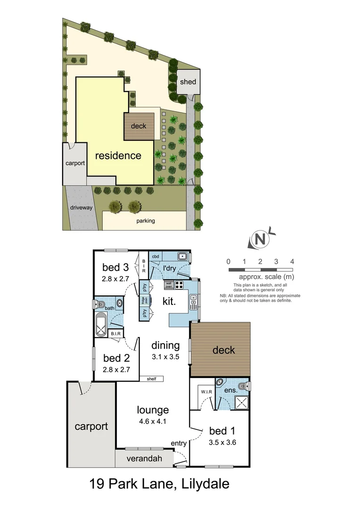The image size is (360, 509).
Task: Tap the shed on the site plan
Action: (188, 82)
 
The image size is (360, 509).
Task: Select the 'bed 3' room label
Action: (116, 268)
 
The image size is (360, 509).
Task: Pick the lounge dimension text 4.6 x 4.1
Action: (153, 422)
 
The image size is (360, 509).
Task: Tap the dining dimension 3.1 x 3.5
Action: (166, 357)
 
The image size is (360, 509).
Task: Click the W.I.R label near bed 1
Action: (205, 391)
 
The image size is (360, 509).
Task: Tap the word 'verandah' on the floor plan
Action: (144, 459)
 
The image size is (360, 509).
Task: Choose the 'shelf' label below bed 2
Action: (151, 378)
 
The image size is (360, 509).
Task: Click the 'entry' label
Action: (179, 443)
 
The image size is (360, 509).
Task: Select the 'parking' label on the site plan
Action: (146, 221)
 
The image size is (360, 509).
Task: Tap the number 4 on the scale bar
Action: (293, 261)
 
